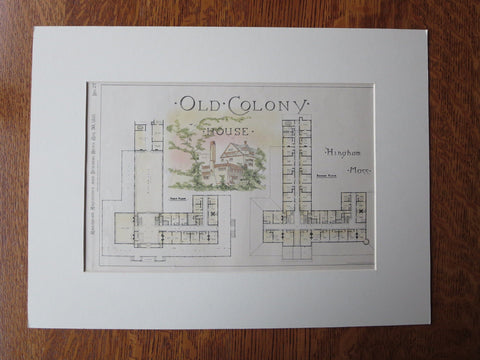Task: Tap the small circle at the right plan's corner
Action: (x=366, y=242)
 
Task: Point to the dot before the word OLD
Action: (x=177, y=104)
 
